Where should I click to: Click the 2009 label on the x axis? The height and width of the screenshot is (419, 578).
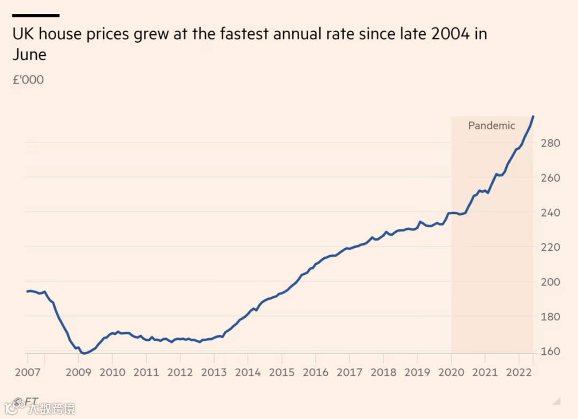[x=78, y=372]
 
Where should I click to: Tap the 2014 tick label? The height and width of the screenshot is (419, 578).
[x=248, y=372]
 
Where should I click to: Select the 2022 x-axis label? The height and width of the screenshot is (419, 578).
[x=519, y=372]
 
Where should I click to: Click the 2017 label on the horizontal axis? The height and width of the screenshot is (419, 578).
[x=349, y=372]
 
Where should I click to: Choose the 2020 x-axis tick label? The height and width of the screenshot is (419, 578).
[x=451, y=372]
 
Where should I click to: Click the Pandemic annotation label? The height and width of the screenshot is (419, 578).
[x=491, y=126]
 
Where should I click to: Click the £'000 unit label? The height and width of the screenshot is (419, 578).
[x=28, y=80]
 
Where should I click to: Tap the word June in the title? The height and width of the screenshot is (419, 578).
[x=29, y=55]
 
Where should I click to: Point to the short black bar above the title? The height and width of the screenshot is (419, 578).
[x=36, y=16]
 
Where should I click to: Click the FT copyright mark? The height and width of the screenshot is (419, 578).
[x=25, y=401]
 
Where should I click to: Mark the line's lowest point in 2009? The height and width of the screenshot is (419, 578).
[x=85, y=354]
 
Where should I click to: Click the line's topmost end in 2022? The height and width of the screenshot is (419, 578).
[x=533, y=116]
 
